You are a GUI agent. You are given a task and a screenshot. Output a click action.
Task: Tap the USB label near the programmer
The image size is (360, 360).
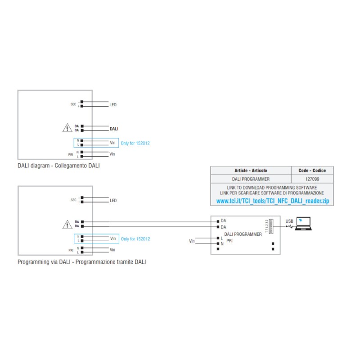point(289,221)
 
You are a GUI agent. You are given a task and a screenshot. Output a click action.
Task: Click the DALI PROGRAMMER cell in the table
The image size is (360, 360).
point(251,179)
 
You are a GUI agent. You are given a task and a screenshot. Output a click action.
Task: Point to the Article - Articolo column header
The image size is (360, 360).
point(251,171)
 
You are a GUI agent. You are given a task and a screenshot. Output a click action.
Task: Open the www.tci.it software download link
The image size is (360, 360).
point(272,202)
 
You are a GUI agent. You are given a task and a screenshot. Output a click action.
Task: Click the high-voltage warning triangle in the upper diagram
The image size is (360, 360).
point(67,128)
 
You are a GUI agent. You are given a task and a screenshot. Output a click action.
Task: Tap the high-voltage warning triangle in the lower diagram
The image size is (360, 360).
point(67,224)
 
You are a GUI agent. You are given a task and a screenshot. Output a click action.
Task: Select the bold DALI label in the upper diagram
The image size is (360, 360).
point(114,129)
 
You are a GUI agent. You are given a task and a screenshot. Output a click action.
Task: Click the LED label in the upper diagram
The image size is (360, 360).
point(113,105)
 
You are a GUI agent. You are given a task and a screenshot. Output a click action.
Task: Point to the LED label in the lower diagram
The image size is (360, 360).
point(113,200)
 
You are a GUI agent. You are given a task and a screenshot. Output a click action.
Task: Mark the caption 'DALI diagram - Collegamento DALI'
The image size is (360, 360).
point(58,166)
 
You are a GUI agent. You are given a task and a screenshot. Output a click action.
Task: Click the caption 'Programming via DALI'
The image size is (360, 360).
point(81,261)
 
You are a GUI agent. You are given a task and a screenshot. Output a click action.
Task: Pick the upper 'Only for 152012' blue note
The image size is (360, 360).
point(135,143)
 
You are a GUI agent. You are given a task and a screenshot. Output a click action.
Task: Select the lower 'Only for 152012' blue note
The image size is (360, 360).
point(135,238)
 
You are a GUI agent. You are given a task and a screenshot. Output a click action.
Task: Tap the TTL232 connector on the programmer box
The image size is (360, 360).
point(271,225)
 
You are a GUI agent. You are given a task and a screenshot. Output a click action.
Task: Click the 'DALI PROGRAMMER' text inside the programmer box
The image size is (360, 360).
point(243,234)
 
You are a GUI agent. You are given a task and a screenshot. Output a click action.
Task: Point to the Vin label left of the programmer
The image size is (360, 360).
point(192,242)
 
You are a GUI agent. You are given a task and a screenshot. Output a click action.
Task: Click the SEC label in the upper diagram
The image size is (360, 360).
point(73,104)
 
